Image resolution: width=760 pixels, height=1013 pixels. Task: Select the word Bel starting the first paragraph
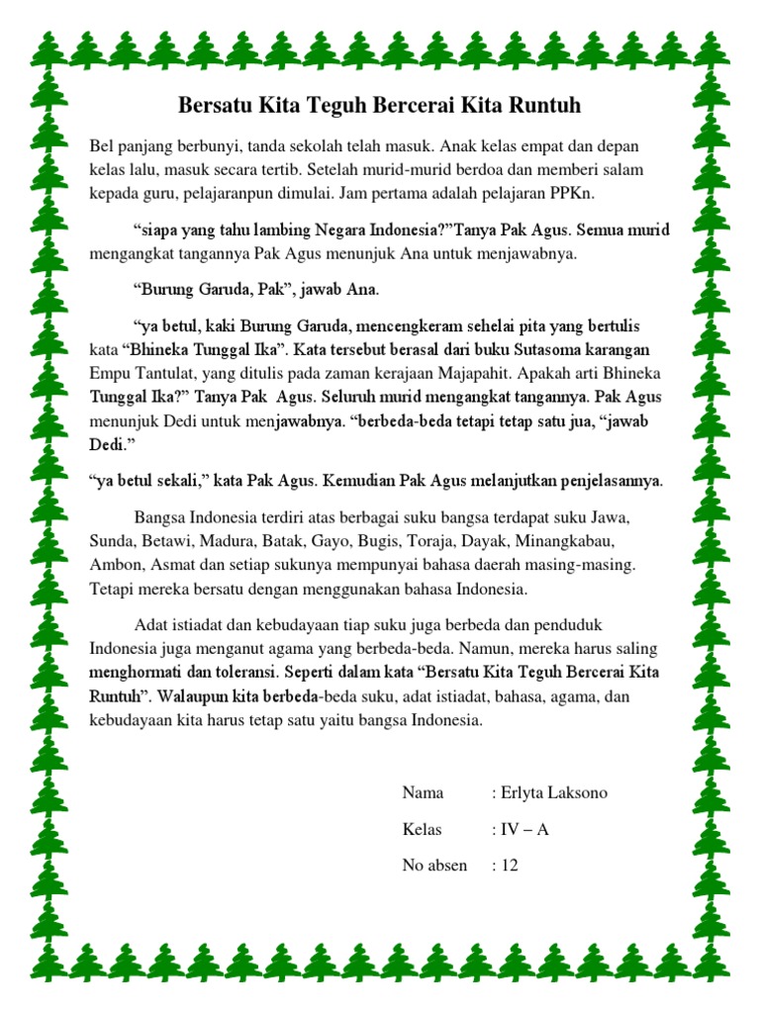click(x=101, y=145)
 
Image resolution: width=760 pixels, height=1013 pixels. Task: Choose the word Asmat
click(x=169, y=565)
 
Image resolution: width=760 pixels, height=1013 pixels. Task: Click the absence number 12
click(x=510, y=866)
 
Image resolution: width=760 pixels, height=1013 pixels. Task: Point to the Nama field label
click(x=423, y=793)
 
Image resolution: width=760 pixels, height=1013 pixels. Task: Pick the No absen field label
click(x=434, y=866)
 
